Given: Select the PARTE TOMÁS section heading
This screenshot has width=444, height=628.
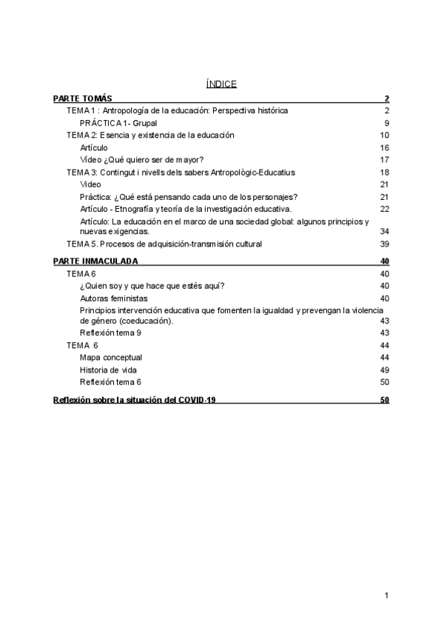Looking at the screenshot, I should click(x=83, y=98).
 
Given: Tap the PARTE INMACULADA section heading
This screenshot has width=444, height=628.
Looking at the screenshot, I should click(x=95, y=261).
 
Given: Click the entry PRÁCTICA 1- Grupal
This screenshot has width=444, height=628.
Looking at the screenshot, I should click(x=118, y=123).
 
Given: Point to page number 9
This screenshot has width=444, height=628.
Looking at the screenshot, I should click(x=386, y=123).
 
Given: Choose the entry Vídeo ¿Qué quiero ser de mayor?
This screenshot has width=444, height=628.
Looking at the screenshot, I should click(x=142, y=160).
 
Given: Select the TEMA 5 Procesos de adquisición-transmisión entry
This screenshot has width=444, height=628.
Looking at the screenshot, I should click(x=164, y=244).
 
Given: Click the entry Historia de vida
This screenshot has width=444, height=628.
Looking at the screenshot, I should click(x=108, y=370).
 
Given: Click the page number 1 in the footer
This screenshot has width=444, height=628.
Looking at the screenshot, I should click(x=386, y=595).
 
